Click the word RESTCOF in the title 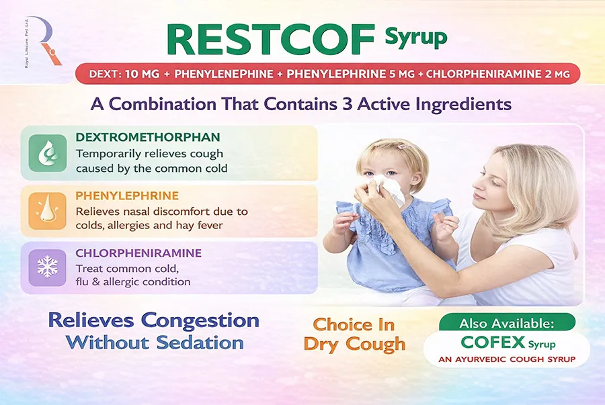[271, 40]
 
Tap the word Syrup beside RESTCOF [416, 38]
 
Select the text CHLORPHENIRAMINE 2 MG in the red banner [497, 74]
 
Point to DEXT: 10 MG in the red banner [124, 74]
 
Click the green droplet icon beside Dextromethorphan [48, 153]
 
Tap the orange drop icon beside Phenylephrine [48, 211]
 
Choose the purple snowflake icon [48, 267]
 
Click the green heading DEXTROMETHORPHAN [148, 137]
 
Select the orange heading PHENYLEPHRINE [127, 195]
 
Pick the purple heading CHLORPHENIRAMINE [138, 253]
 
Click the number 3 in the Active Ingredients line [348, 104]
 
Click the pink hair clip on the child [403, 146]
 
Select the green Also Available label [507, 322]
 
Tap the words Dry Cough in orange [354, 344]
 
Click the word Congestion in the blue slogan [200, 320]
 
